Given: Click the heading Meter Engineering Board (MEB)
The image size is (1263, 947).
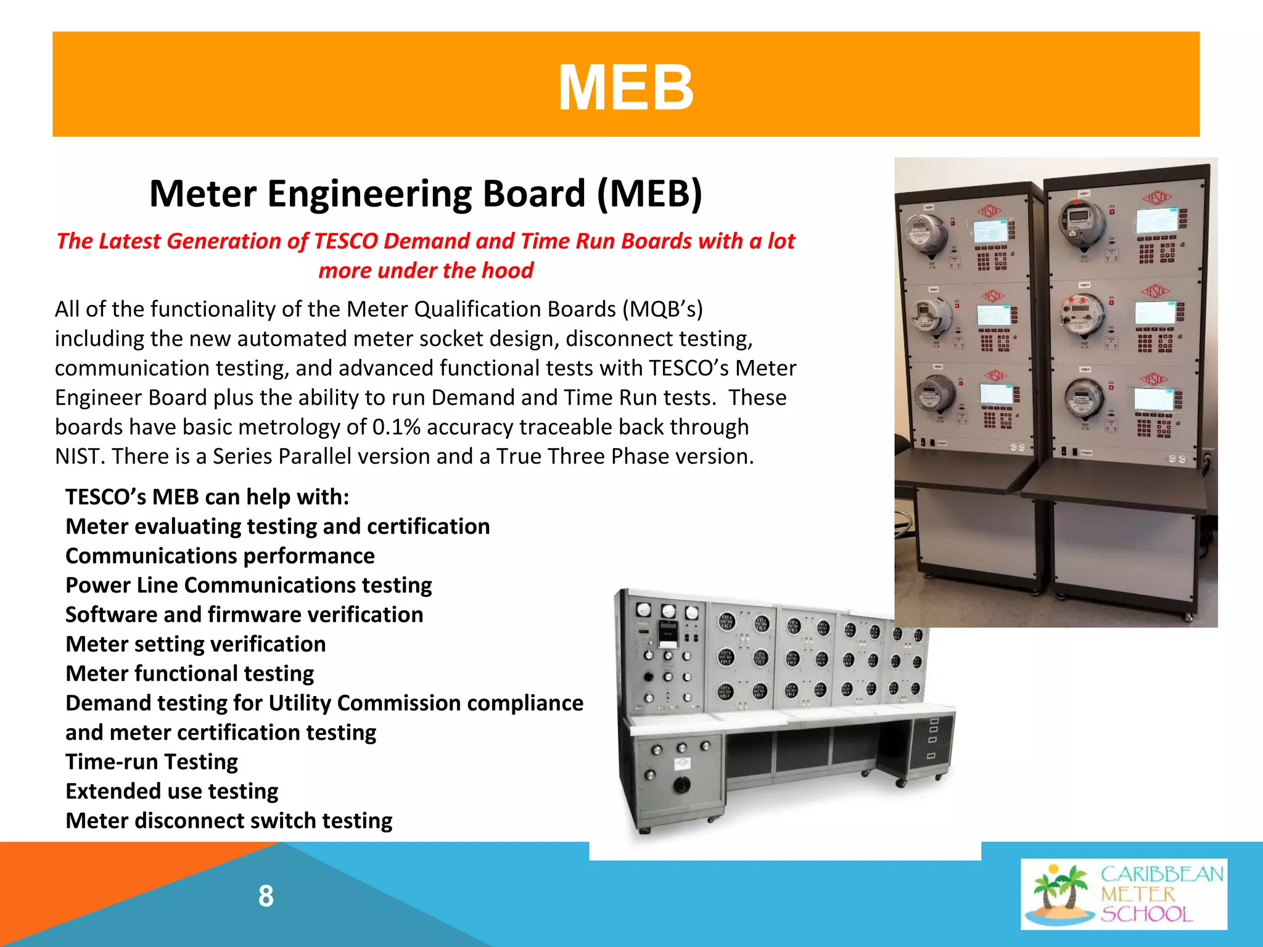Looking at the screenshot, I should click(x=426, y=194).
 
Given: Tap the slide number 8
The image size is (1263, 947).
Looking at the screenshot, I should click(x=266, y=896).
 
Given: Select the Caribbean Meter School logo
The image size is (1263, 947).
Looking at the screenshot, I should click(x=1124, y=893).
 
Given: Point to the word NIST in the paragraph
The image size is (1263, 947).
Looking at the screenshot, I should click(x=80, y=456).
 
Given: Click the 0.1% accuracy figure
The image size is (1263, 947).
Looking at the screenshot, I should click(x=397, y=427).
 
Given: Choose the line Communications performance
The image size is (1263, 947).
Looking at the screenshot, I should click(x=220, y=555).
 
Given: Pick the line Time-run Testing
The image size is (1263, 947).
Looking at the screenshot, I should click(x=152, y=761).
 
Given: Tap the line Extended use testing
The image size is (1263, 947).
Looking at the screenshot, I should click(x=172, y=791).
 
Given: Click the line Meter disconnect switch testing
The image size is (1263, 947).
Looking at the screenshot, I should click(x=229, y=821).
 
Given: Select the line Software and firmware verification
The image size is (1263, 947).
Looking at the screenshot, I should click(x=244, y=615).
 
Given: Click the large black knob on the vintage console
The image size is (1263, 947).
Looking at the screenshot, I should click(x=681, y=784).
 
